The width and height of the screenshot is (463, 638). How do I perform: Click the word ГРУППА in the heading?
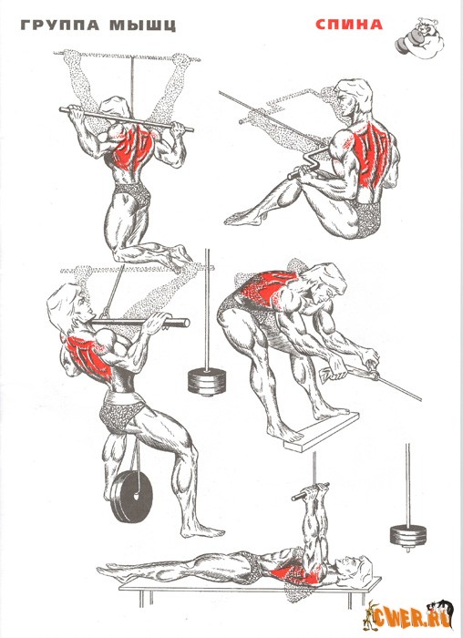point(60,26)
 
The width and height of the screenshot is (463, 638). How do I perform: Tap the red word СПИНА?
point(349,25)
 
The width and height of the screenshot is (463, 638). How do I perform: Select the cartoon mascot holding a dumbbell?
point(419,39)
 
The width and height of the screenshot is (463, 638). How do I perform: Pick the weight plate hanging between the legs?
point(132,497)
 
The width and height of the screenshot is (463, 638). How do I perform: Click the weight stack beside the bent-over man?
point(207,382)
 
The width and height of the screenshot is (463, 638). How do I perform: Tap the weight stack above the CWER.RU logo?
point(408,536)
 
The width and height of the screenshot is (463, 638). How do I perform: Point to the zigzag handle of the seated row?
point(308,167)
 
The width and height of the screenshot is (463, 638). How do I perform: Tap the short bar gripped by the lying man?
point(311,491)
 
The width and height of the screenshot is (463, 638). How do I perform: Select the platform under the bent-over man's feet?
point(322,431)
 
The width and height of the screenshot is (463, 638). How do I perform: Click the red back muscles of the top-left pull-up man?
point(132,149)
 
